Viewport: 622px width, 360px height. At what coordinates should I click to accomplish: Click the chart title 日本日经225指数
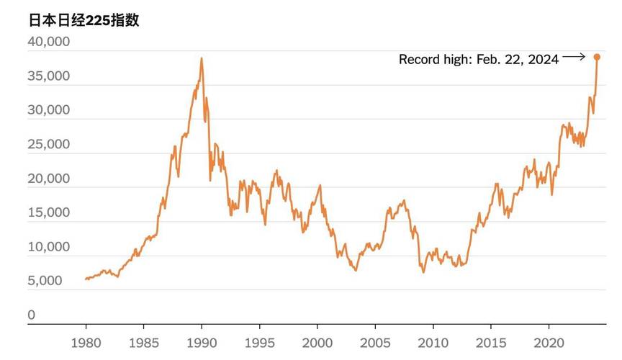coord(84,20)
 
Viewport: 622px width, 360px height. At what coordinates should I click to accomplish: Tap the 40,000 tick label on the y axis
coord(49,42)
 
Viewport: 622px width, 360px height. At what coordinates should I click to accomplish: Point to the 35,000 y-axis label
coord(49,76)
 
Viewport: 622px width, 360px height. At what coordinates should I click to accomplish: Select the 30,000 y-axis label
coord(49,110)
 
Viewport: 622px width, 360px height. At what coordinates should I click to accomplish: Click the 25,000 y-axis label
coord(49,144)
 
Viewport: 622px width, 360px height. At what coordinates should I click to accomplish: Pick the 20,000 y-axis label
coord(49,179)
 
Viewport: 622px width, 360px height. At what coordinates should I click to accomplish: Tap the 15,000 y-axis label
coord(49,212)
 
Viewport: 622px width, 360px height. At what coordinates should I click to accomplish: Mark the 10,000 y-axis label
coord(49,247)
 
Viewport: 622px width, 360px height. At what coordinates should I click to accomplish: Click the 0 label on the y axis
coord(32,315)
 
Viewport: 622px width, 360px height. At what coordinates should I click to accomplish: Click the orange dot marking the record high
coord(597,57)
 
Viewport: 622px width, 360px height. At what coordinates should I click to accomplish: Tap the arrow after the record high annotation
coord(574,56)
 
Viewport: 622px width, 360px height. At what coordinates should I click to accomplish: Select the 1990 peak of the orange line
coord(202,59)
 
